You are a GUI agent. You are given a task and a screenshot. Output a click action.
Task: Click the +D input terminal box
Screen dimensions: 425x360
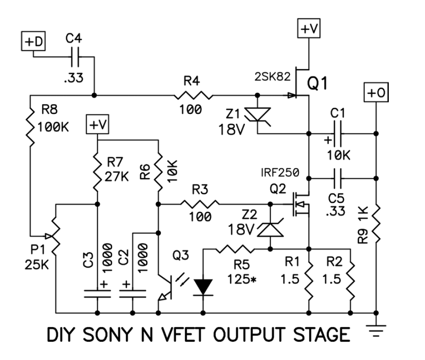click(x=34, y=41)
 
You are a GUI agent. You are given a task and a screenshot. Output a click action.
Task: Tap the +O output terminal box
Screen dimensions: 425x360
click(x=376, y=92)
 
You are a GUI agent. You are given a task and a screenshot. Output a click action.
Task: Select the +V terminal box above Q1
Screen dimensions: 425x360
click(x=309, y=28)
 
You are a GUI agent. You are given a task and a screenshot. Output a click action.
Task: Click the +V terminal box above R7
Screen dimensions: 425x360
click(x=97, y=124)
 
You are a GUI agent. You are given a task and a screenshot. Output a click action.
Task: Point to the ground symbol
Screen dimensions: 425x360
click(x=376, y=331)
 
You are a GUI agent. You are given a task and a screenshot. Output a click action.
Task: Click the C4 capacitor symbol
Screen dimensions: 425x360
click(x=75, y=57)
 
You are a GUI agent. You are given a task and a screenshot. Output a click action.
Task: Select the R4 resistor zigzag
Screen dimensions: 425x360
click(x=193, y=95)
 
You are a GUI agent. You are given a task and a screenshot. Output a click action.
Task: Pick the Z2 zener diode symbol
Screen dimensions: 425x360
click(x=270, y=227)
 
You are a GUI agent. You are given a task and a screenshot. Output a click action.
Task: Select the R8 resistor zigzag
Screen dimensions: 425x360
click(x=30, y=127)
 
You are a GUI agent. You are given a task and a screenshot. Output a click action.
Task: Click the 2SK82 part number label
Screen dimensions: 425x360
click(x=273, y=77)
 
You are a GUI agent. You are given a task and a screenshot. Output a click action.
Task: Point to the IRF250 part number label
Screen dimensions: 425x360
click(x=280, y=172)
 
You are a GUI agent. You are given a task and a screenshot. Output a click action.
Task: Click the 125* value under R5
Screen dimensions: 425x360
click(x=242, y=279)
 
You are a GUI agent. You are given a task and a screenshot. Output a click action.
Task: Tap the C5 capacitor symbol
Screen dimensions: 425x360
click(x=338, y=178)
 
